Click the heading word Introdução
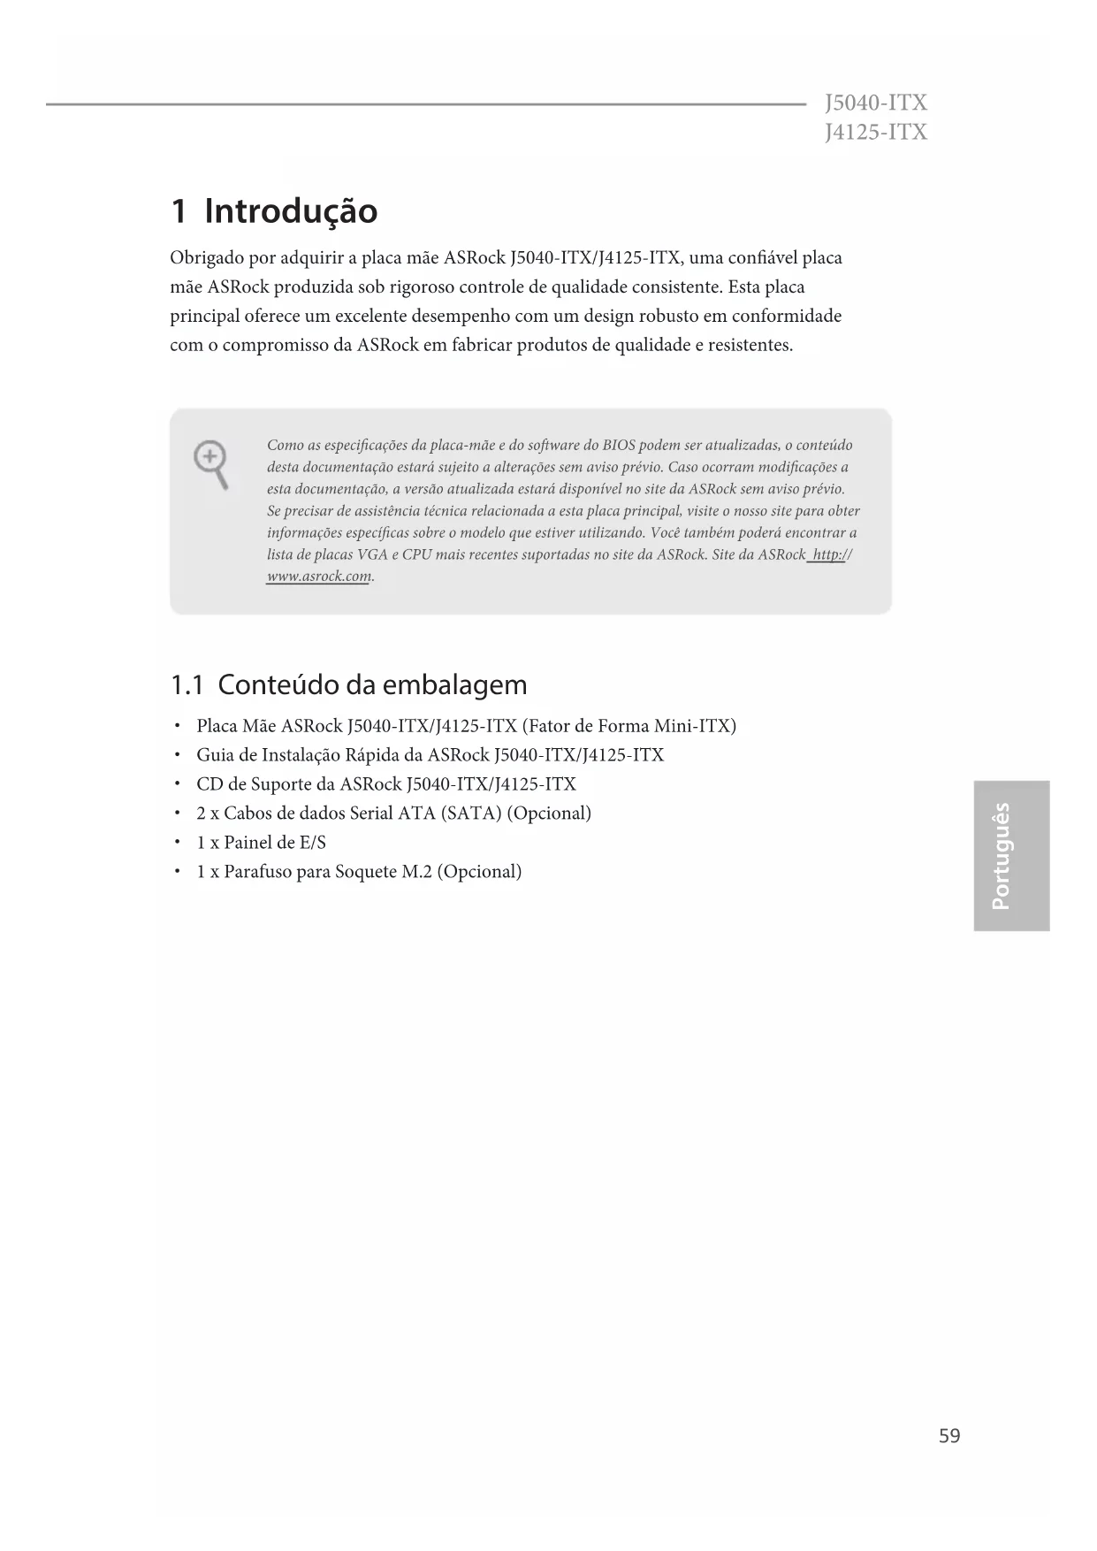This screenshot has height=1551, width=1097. click(291, 211)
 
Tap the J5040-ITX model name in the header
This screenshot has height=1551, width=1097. click(875, 103)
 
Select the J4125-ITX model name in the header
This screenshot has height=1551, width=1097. click(875, 133)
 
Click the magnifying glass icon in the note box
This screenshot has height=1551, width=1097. click(211, 465)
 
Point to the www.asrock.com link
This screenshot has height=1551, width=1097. click(318, 577)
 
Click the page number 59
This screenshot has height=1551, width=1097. click(949, 1435)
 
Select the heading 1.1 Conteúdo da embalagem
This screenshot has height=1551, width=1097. click(348, 684)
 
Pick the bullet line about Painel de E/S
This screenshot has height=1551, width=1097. click(261, 843)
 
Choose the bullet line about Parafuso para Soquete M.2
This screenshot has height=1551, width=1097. click(359, 872)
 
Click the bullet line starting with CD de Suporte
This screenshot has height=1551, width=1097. click(385, 784)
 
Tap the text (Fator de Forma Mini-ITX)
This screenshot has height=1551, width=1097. click(629, 726)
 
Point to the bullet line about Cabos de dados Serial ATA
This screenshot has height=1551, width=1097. click(393, 814)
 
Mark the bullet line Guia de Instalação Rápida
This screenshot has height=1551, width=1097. click(430, 755)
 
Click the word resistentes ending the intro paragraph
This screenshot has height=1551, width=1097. click(750, 345)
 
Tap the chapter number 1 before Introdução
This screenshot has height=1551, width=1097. click(179, 211)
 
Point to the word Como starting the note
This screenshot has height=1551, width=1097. click(285, 445)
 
